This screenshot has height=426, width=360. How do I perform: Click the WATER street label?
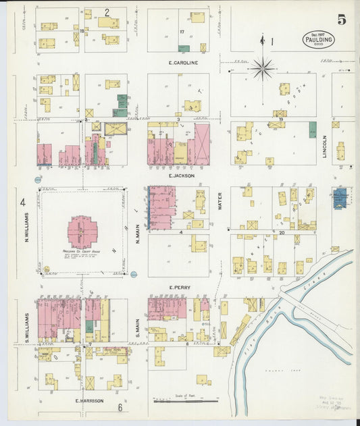pos(220,201)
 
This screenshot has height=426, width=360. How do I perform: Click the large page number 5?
pos(342,20)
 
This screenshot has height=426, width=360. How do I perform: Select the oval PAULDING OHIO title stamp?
pos(318,39)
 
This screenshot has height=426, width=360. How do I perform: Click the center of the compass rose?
pos(262,68)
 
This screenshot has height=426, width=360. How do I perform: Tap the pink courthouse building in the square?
pos(82,232)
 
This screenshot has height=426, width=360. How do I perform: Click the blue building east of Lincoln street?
pos(340,198)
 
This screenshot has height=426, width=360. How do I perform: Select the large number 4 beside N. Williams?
pos(22,202)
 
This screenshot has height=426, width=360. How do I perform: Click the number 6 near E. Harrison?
pos(120,407)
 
